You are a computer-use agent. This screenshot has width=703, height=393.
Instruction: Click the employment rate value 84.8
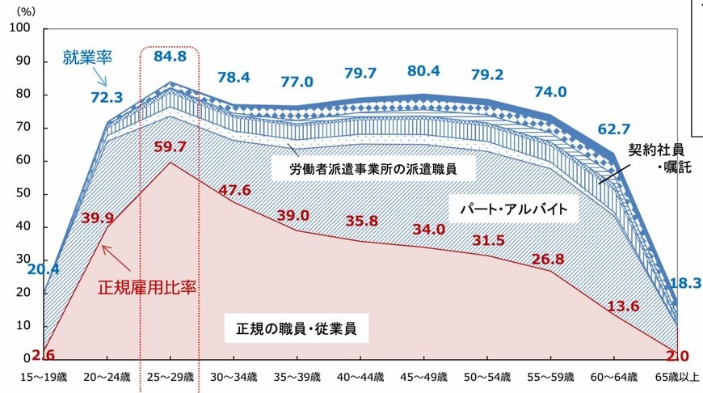pos(170,57)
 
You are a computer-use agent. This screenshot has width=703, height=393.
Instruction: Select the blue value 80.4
pos(424,71)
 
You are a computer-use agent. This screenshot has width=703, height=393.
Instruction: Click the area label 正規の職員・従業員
pos(297,329)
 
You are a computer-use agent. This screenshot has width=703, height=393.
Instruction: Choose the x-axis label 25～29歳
pos(170,377)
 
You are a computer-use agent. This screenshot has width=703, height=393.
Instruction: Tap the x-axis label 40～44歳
pos(360,377)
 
